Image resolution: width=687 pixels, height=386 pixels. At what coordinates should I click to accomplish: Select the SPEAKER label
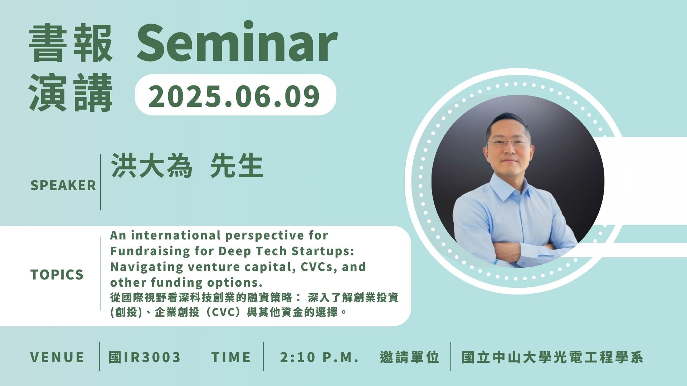click(63, 185)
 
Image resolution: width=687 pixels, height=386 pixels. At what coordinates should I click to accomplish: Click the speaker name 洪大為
click(152, 166)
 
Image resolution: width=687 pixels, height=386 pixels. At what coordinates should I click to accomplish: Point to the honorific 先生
click(237, 166)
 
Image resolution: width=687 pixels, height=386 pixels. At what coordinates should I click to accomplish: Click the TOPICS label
click(57, 274)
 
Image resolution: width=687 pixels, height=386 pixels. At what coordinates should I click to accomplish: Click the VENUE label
click(57, 357)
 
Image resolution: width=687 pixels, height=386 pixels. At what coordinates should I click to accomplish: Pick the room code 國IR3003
click(145, 357)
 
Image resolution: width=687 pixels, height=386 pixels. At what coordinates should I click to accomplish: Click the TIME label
click(231, 357)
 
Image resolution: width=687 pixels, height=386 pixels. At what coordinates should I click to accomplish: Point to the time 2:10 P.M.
click(319, 357)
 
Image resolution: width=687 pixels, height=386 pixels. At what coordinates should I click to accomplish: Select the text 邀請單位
click(410, 357)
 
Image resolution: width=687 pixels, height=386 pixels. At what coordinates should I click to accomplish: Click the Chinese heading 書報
click(71, 43)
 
